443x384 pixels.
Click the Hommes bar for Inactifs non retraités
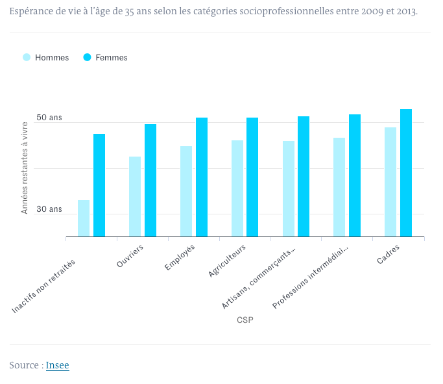[x=84, y=218]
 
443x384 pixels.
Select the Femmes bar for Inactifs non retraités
[x=99, y=185]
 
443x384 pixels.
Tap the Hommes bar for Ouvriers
[x=135, y=196]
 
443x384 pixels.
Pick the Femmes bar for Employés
[x=202, y=177]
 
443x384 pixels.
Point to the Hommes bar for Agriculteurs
[x=237, y=188]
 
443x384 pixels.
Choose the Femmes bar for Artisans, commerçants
[x=304, y=176]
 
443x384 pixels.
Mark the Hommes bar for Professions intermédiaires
[x=339, y=187]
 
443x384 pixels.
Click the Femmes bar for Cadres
[x=406, y=173]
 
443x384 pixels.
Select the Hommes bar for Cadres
[x=390, y=182]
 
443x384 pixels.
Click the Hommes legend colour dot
[x=27, y=57]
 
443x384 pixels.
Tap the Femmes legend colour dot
[x=87, y=57]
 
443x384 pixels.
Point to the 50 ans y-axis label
[x=49, y=118]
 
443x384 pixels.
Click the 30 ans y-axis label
[x=49, y=209]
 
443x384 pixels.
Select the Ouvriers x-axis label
[x=131, y=256]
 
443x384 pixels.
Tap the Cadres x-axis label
[x=389, y=254]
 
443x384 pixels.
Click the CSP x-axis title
[x=245, y=320]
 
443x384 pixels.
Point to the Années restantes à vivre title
[x=25, y=168]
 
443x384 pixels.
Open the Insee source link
[x=57, y=365]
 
